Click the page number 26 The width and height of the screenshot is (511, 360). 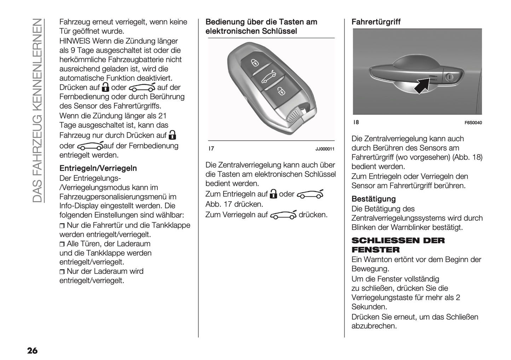(32, 350)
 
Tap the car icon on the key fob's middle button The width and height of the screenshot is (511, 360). (268, 77)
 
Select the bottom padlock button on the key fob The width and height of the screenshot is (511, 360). (280, 91)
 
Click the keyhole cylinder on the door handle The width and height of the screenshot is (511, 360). (449, 77)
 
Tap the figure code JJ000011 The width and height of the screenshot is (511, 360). (325, 149)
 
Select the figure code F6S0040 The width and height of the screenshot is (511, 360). (473, 123)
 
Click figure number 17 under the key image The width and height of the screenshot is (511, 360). (211, 149)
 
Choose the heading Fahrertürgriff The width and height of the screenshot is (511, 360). (376, 22)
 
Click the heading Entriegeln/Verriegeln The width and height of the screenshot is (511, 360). (98, 168)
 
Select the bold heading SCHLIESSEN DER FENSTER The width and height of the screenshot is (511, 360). (398, 245)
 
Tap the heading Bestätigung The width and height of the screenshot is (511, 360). (373, 199)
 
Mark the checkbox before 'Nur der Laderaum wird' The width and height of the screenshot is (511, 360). (62, 272)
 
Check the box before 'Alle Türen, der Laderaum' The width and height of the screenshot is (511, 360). (62, 244)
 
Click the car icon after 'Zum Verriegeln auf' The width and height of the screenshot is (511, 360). (283, 215)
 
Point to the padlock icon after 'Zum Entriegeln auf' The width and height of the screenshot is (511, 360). (273, 194)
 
